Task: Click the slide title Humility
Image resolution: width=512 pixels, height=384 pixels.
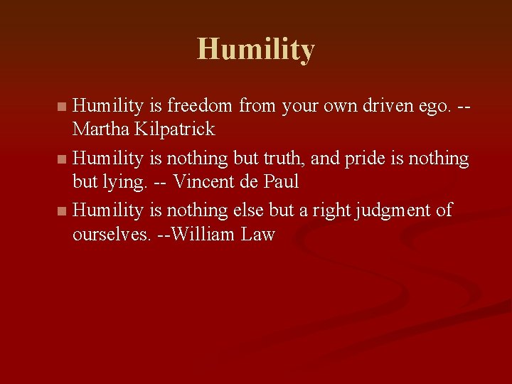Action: (256, 50)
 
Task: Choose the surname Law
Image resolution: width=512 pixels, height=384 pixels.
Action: (257, 234)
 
